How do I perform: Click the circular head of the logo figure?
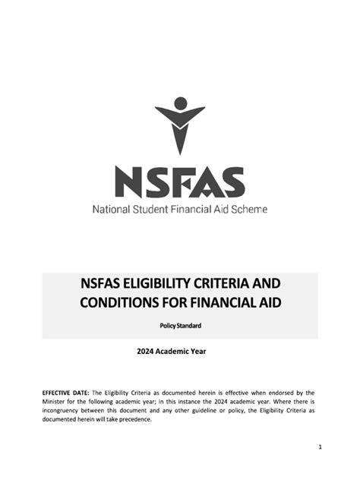click(x=180, y=103)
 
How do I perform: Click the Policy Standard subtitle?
click(x=180, y=326)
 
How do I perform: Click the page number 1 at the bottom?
click(x=321, y=447)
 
